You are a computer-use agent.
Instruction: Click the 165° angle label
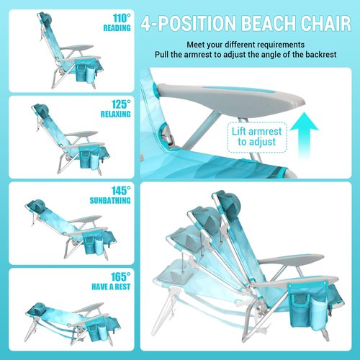(121, 276)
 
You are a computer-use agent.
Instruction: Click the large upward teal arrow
(310, 134)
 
